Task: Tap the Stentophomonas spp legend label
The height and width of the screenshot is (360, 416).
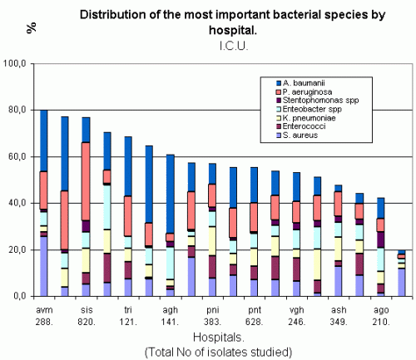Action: tap(318, 101)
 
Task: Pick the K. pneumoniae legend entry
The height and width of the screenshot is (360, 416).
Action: tap(306, 118)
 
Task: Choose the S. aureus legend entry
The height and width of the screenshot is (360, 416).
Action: tap(297, 136)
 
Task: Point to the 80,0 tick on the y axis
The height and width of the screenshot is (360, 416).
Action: tap(14, 110)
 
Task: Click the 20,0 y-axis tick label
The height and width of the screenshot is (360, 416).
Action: tap(14, 249)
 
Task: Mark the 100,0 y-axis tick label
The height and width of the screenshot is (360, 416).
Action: tap(14, 63)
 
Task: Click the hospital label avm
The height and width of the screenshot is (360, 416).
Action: tap(44, 310)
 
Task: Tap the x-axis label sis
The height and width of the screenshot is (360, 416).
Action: tap(87, 310)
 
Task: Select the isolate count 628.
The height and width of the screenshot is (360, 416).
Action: tap(255, 322)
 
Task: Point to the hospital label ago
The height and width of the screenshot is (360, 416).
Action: tap(381, 310)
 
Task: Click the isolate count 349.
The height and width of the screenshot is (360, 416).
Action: tap(339, 322)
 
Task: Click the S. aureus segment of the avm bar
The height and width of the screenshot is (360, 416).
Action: tap(44, 266)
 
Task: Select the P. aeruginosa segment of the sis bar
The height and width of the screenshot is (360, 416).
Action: tap(86, 181)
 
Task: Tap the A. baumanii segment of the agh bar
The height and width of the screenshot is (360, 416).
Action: tap(171, 194)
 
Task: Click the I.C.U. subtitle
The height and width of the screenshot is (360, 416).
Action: tap(234, 46)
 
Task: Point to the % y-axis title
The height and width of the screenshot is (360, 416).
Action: tap(32, 28)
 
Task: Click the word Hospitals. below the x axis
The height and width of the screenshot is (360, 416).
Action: tap(219, 338)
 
